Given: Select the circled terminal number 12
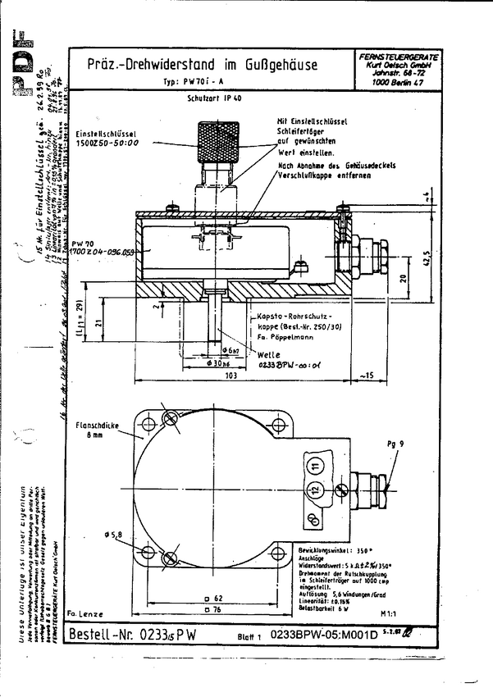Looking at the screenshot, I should point(314,491).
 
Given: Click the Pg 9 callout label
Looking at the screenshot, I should point(395,444).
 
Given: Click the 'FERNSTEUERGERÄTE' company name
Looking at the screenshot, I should point(399,55).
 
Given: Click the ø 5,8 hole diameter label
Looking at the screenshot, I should point(114,535).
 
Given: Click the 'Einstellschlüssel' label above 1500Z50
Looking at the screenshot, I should point(103,132).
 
